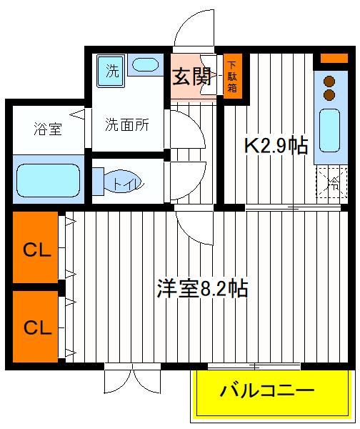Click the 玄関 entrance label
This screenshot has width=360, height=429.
pyautogui.click(x=192, y=77)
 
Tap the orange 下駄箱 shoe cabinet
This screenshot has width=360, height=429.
pyautogui.click(x=233, y=77)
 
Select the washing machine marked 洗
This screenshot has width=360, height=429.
pyautogui.click(x=111, y=71)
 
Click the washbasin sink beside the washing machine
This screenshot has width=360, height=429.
pyautogui.click(x=145, y=65)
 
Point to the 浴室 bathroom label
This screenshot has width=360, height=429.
pyautogui.click(x=48, y=129)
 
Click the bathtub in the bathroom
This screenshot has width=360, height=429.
pyautogui.click(x=49, y=180)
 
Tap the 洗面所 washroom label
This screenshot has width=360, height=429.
pyautogui.click(x=127, y=124)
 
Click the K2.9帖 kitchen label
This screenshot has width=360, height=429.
pyautogui.click(x=276, y=145)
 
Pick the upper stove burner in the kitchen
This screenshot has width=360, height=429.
pyautogui.click(x=329, y=82)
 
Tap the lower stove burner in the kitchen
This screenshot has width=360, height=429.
pyautogui.click(x=329, y=94)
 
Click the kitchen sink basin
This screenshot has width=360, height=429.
pyautogui.click(x=330, y=130)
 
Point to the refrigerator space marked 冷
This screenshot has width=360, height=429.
pyautogui.click(x=332, y=182)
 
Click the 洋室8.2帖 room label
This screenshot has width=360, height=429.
pyautogui.click(x=203, y=288)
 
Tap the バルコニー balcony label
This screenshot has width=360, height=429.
pyautogui.click(x=268, y=391)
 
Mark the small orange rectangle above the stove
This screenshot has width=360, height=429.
pyautogui.click(x=334, y=59)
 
